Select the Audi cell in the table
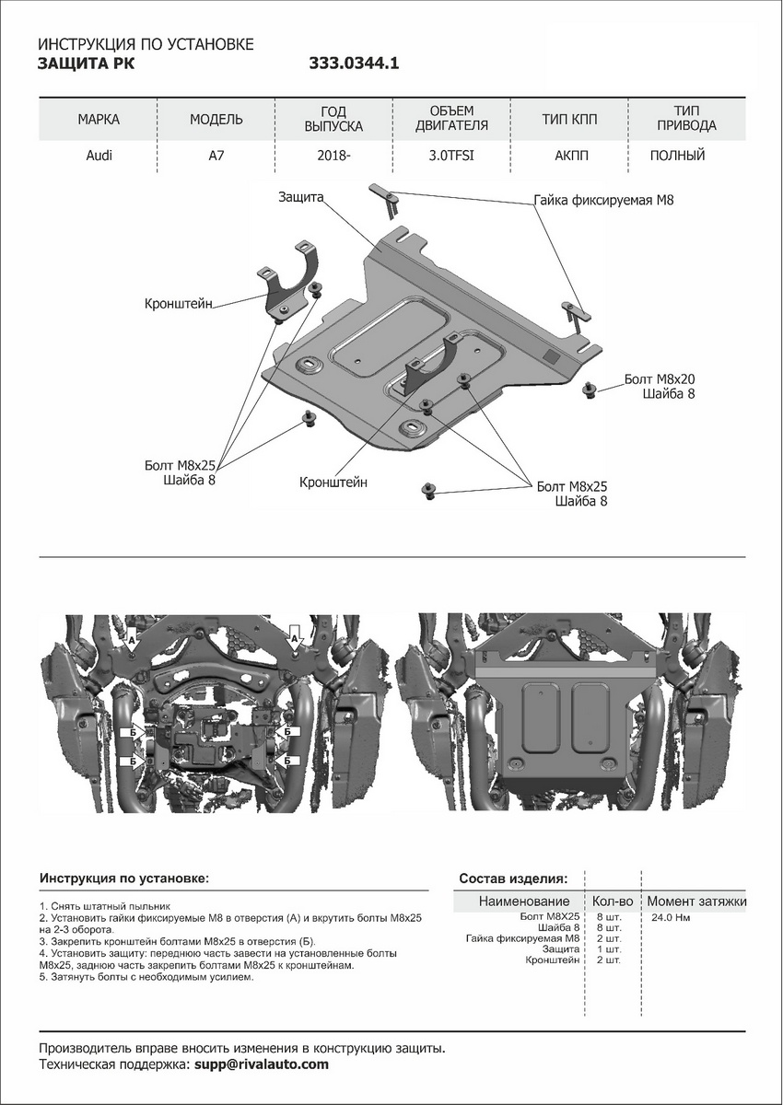pos(99,156)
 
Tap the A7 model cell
pos(216,156)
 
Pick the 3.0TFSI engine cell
pos(452,156)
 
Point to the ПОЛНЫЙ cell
pos(677,156)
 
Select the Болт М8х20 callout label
pos(659,379)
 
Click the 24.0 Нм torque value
pos(671,918)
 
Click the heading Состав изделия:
pos(513,878)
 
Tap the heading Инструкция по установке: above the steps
pos(124,879)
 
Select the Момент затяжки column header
pos(696,901)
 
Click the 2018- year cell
pos(333,156)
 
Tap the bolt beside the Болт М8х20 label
pos(590,391)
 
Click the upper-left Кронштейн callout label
pos(179,303)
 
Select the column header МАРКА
pos(99,120)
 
